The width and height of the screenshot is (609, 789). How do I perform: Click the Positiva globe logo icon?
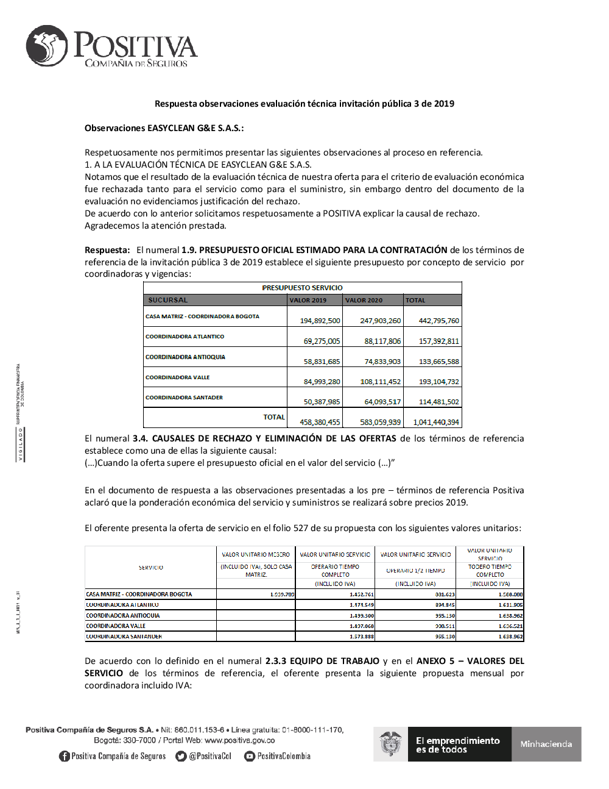pos(47,46)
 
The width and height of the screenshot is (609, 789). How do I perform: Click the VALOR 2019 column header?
pos(308,300)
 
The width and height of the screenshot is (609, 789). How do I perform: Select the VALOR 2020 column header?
pos(364,300)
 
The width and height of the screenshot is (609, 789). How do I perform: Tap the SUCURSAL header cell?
pos(168,300)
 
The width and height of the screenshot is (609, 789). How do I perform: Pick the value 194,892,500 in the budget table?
pos(320,321)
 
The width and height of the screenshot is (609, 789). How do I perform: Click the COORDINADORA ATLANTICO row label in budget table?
pos(185,337)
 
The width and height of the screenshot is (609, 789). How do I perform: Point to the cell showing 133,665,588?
pos(438,362)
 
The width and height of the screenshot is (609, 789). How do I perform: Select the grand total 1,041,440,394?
pos(436,422)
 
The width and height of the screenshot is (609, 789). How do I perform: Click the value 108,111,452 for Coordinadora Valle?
pos(380,382)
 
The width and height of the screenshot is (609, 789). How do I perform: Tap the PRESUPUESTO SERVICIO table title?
pos(302,288)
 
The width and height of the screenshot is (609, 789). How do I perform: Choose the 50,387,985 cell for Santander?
pos(322,402)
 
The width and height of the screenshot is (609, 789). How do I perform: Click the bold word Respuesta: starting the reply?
pos(107,250)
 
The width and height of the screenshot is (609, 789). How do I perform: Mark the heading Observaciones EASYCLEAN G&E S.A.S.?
pos(164,128)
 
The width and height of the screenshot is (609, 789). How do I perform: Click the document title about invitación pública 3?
pos(304,104)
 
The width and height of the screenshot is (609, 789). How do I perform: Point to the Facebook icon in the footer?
pos(64,756)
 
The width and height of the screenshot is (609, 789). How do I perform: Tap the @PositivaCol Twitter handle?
pos(209,756)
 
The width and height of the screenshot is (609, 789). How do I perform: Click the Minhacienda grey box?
pos(546,744)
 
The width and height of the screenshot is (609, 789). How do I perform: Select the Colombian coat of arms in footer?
pos(390,744)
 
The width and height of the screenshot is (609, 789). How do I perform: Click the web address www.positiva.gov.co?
pos(239,740)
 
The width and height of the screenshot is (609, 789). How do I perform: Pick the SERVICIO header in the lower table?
pos(150,568)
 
